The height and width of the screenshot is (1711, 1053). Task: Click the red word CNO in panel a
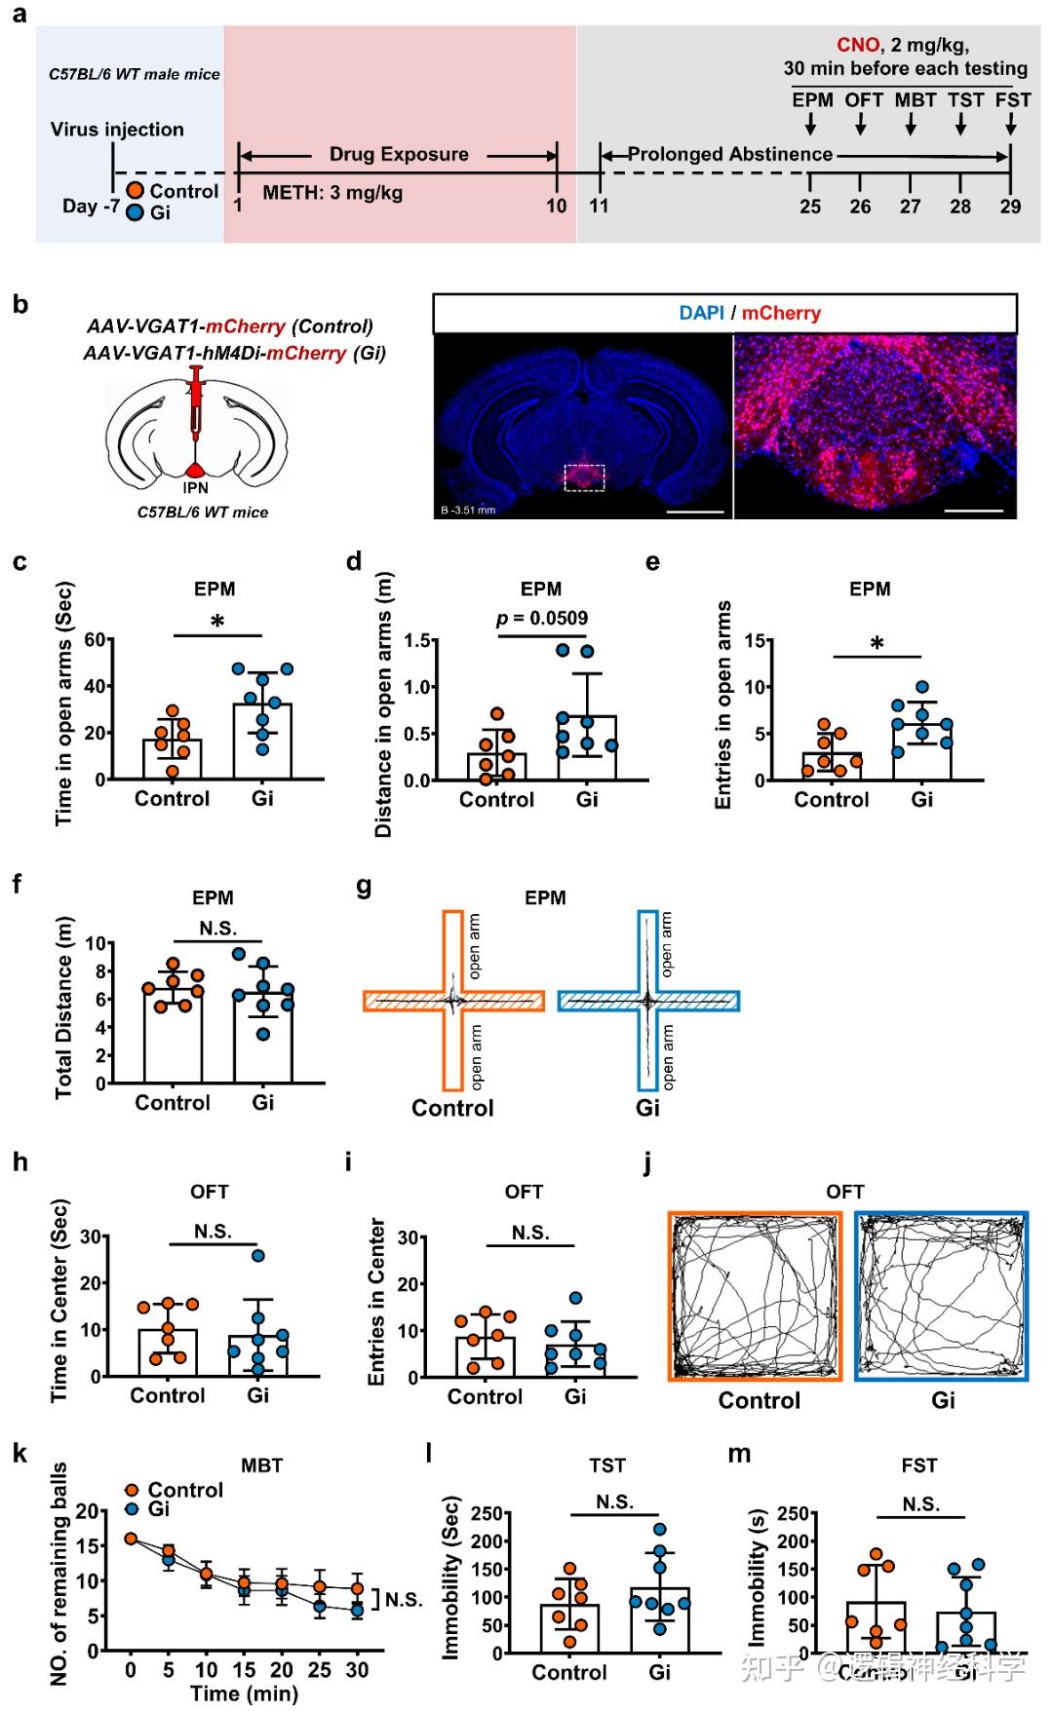[857, 45]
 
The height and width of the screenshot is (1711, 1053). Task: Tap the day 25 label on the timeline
[810, 207]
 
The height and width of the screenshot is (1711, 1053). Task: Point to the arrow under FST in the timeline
[1011, 124]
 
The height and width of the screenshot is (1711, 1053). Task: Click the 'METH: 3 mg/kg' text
[332, 192]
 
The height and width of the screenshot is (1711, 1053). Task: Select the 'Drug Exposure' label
[398, 154]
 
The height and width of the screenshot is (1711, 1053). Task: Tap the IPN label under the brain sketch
[196, 487]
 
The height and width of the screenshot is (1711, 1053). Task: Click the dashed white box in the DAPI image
[584, 476]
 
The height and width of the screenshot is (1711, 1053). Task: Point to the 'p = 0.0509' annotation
[542, 618]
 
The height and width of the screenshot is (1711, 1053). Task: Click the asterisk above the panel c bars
[217, 622]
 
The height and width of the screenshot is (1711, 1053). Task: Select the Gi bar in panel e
[921, 751]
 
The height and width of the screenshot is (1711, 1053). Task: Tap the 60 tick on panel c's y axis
[95, 640]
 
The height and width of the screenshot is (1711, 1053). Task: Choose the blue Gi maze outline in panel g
[648, 1001]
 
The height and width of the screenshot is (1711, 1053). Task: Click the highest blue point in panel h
[258, 1255]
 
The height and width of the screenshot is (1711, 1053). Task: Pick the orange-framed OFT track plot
[755, 1296]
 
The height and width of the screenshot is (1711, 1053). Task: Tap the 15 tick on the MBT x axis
[244, 1670]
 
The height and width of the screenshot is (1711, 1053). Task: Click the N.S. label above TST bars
[614, 1502]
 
